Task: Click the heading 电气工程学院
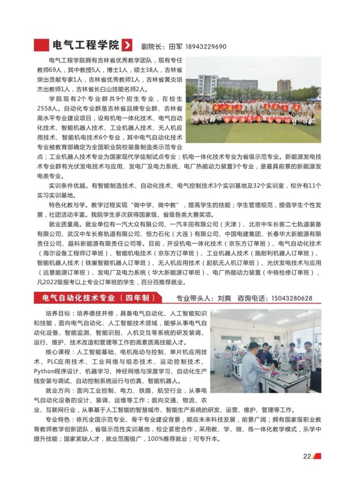pyautogui.click(x=86, y=46)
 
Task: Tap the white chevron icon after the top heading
pyautogui.click(x=127, y=46)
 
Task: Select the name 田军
pyautogui.click(x=176, y=47)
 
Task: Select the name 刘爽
pyautogui.click(x=224, y=299)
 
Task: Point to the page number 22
pyautogui.click(x=307, y=456)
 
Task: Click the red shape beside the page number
pyautogui.click(x=317, y=456)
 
